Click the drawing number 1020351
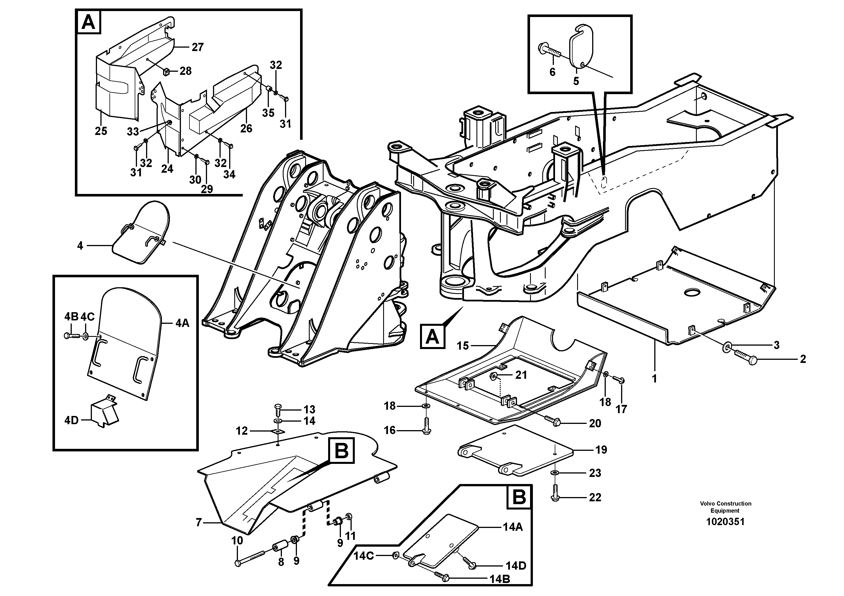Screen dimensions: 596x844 [x=725, y=521]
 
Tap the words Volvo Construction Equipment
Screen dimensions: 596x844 [x=725, y=507]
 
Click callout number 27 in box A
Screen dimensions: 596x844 [x=197, y=47]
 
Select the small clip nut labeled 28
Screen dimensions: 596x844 [x=165, y=71]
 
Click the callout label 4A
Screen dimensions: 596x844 [x=182, y=323]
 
